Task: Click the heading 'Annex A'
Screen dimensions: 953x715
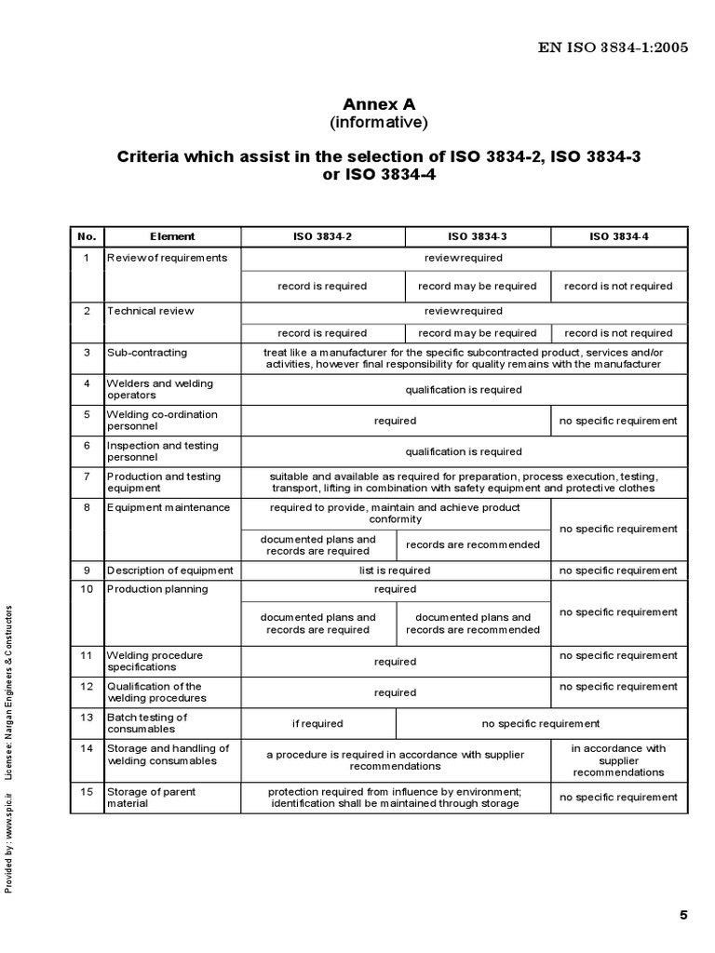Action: tap(378, 103)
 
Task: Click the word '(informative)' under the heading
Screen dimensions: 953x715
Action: tap(378, 122)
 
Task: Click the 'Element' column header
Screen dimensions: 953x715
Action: tap(172, 236)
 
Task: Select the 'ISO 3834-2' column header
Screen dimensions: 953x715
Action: tap(322, 236)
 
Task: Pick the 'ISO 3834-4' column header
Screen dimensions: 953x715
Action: tap(618, 236)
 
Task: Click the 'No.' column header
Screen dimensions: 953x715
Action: tap(87, 236)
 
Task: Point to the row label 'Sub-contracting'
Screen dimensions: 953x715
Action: tap(147, 353)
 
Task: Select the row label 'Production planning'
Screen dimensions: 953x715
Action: tap(157, 589)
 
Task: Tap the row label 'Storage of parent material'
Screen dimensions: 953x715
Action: tap(152, 797)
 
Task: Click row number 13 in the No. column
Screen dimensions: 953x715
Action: tap(87, 718)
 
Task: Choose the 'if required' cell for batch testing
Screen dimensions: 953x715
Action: tap(317, 723)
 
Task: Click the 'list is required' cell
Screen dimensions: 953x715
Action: tap(395, 570)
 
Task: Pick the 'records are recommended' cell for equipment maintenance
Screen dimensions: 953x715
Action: tap(473, 544)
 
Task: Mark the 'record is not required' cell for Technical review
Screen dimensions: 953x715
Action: tap(618, 332)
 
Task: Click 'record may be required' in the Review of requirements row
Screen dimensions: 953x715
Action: tap(478, 286)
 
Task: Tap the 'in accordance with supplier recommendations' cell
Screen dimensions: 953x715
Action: tap(618, 760)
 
